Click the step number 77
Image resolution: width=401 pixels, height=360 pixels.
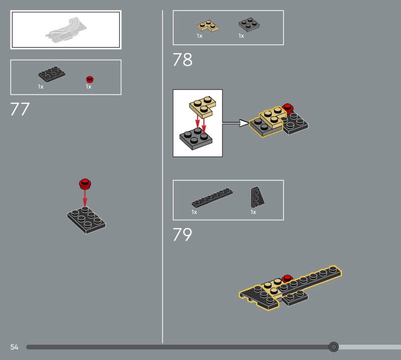pyautogui.click(x=20, y=109)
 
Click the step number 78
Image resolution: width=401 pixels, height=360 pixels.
pyautogui.click(x=182, y=60)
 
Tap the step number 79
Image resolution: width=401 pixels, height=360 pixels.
pyautogui.click(x=182, y=234)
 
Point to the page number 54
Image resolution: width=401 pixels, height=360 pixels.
pyautogui.click(x=15, y=347)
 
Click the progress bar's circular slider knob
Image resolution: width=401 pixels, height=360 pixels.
pyautogui.click(x=333, y=346)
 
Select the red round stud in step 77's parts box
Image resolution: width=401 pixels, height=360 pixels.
pyautogui.click(x=90, y=79)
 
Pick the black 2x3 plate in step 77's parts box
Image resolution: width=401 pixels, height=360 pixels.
pyautogui.click(x=52, y=74)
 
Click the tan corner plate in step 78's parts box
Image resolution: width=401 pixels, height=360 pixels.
pyautogui.click(x=208, y=26)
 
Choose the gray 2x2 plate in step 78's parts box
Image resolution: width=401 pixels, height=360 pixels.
pyautogui.click(x=249, y=25)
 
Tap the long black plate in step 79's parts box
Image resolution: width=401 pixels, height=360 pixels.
pyautogui.click(x=212, y=198)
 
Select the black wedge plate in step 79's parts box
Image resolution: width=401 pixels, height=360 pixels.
pyautogui.click(x=257, y=197)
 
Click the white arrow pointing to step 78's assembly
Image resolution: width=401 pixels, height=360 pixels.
pyautogui.click(x=235, y=123)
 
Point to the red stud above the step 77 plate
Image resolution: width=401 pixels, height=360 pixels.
pyautogui.click(x=85, y=184)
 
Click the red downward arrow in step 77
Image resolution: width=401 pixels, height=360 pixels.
pyautogui.click(x=85, y=198)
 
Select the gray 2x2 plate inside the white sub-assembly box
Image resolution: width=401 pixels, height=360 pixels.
pyautogui.click(x=196, y=139)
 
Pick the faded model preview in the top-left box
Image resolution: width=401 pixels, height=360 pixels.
pyautogui.click(x=66, y=30)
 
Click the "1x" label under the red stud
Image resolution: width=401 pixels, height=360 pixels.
pyautogui.click(x=89, y=87)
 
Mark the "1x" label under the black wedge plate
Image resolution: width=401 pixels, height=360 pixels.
pyautogui.click(x=253, y=212)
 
